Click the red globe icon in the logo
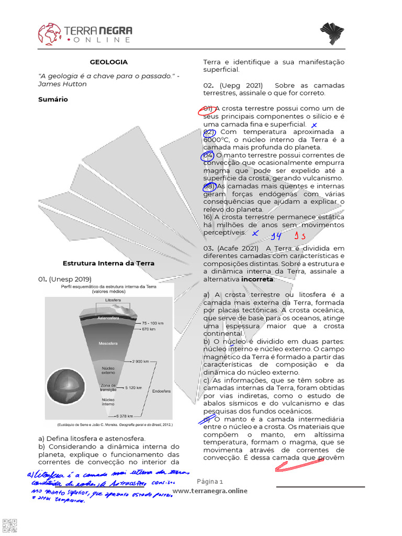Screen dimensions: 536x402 (49, 33)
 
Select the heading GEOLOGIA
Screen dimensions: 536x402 (108, 62)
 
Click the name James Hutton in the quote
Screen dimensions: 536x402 (62, 84)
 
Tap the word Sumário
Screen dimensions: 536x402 (53, 99)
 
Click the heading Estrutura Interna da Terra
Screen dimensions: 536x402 (108, 263)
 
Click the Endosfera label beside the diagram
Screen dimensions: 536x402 (161, 390)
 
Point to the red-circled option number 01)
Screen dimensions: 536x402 (207, 109)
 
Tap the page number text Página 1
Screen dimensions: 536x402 (210, 482)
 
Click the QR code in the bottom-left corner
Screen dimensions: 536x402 (9, 525)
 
